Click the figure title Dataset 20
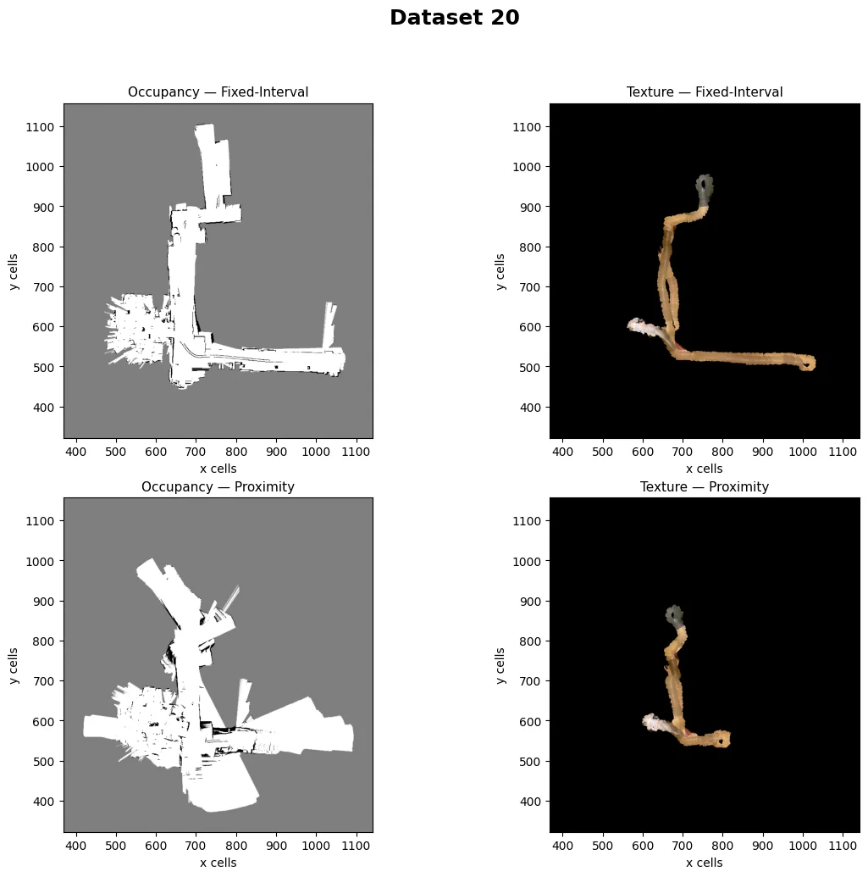[455, 17]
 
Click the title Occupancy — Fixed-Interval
[218, 92]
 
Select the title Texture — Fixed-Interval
[705, 92]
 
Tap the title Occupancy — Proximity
[218, 486]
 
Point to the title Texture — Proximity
[705, 486]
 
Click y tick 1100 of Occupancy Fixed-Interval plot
[41, 127]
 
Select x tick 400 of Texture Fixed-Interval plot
[562, 452]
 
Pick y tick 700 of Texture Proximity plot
[527, 681]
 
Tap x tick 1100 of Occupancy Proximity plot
[356, 846]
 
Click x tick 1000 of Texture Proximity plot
[803, 846]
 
